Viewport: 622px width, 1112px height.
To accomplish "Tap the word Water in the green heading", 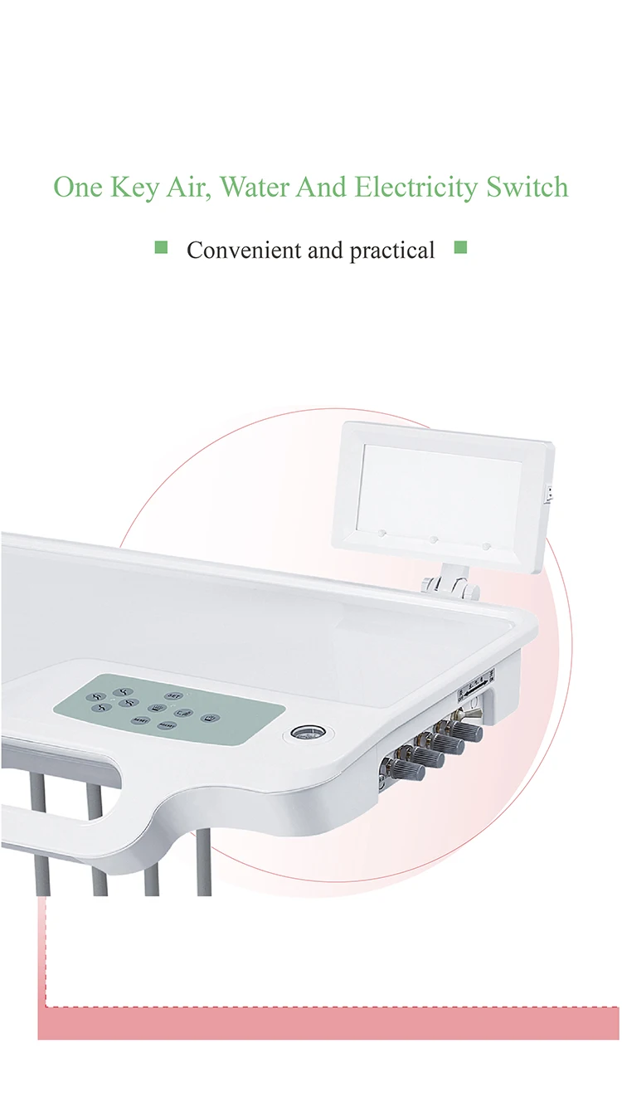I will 255,187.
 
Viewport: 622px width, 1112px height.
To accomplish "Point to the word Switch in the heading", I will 527,187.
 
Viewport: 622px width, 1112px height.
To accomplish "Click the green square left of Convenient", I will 162,246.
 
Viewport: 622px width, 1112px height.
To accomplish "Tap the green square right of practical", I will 461,246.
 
